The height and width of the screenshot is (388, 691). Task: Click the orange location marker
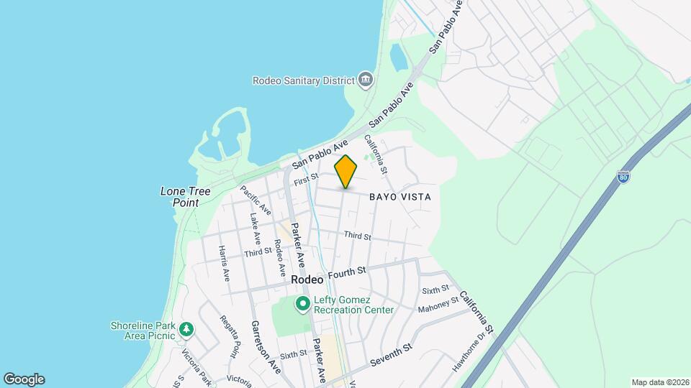[345, 172]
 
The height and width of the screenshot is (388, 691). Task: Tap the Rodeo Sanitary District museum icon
[366, 78]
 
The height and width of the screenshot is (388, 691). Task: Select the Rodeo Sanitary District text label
[303, 80]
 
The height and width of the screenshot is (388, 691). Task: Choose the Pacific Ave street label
[256, 201]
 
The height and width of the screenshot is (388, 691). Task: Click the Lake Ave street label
[255, 228]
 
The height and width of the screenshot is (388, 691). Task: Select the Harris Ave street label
[225, 264]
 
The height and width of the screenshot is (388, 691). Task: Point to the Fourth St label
[348, 273]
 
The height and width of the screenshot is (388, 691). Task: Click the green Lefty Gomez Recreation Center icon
[303, 305]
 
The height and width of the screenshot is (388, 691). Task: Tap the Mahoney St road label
[438, 305]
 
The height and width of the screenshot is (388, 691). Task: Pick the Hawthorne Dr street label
[470, 351]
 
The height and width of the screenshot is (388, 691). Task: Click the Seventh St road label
[391, 354]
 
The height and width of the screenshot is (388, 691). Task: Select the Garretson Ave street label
[265, 346]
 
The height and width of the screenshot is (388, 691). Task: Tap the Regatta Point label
[230, 336]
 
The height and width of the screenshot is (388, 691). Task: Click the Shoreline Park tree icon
[187, 330]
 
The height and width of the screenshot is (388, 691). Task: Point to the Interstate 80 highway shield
[623, 177]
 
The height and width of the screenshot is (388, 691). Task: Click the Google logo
[24, 379]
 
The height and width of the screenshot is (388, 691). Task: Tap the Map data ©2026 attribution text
[660, 382]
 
